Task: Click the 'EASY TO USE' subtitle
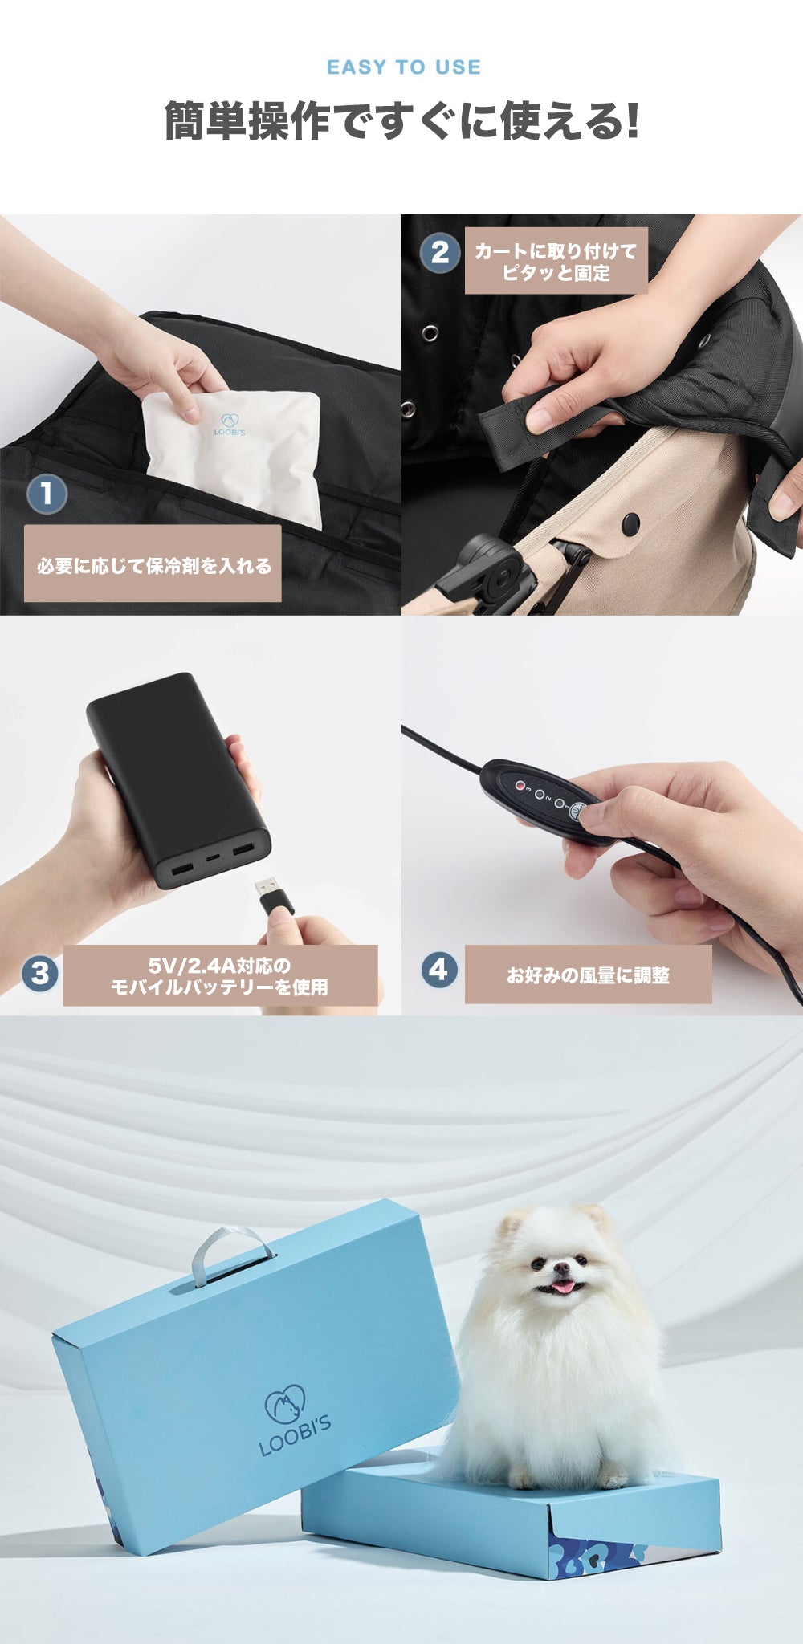coord(403,67)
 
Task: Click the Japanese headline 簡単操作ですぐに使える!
coord(401,120)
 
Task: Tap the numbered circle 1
coord(47,494)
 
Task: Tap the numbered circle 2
coord(440,252)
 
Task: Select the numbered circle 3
coord(40,974)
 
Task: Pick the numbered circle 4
coord(439,970)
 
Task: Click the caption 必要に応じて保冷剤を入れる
coord(153,566)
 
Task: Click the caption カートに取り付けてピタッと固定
coord(556,262)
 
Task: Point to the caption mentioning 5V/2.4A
coord(219,976)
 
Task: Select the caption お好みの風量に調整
coord(588,975)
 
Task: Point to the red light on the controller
coord(520,786)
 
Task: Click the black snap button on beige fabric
coord(631,521)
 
